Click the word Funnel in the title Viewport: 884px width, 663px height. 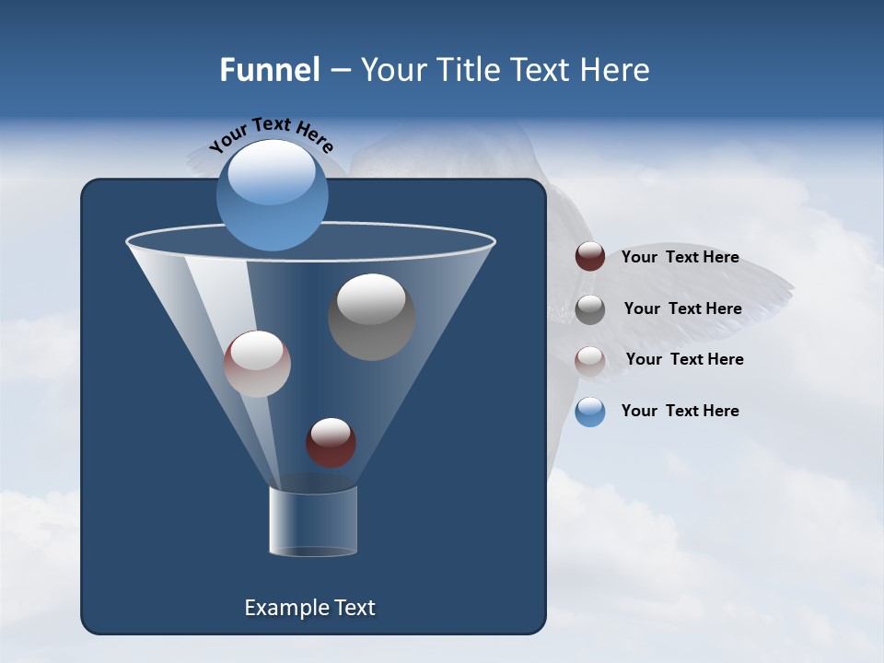(270, 70)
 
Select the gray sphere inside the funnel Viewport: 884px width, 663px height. (371, 318)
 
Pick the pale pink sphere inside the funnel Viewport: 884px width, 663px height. (258, 365)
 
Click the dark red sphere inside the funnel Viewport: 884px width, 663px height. (331, 443)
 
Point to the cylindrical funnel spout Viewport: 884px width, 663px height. (313, 521)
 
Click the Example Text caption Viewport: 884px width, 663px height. (309, 608)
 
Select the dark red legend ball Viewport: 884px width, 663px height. (590, 257)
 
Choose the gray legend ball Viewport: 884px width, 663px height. (590, 308)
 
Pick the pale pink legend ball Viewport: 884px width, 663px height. (590, 360)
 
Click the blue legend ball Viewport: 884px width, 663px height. (590, 412)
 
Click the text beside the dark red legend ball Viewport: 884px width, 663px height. (680, 258)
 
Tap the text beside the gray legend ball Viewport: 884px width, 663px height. (682, 309)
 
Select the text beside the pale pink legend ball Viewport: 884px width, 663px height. (684, 359)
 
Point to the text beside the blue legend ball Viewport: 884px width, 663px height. (680, 411)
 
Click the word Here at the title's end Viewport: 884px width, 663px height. (617, 70)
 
